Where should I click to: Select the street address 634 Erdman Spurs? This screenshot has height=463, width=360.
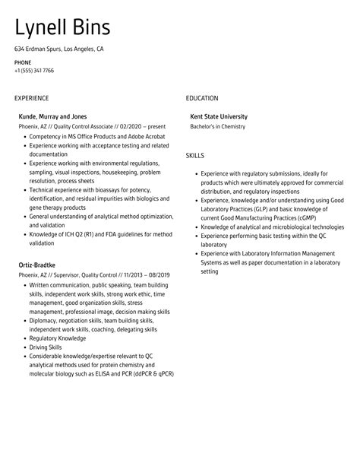click(37, 49)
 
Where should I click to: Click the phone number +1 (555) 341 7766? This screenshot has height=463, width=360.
click(34, 70)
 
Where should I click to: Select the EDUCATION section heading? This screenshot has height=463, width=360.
click(202, 98)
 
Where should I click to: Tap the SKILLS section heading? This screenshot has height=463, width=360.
click(195, 155)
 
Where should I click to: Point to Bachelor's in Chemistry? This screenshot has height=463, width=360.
click(218, 126)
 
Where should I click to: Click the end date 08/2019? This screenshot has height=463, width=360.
click(157, 275)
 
